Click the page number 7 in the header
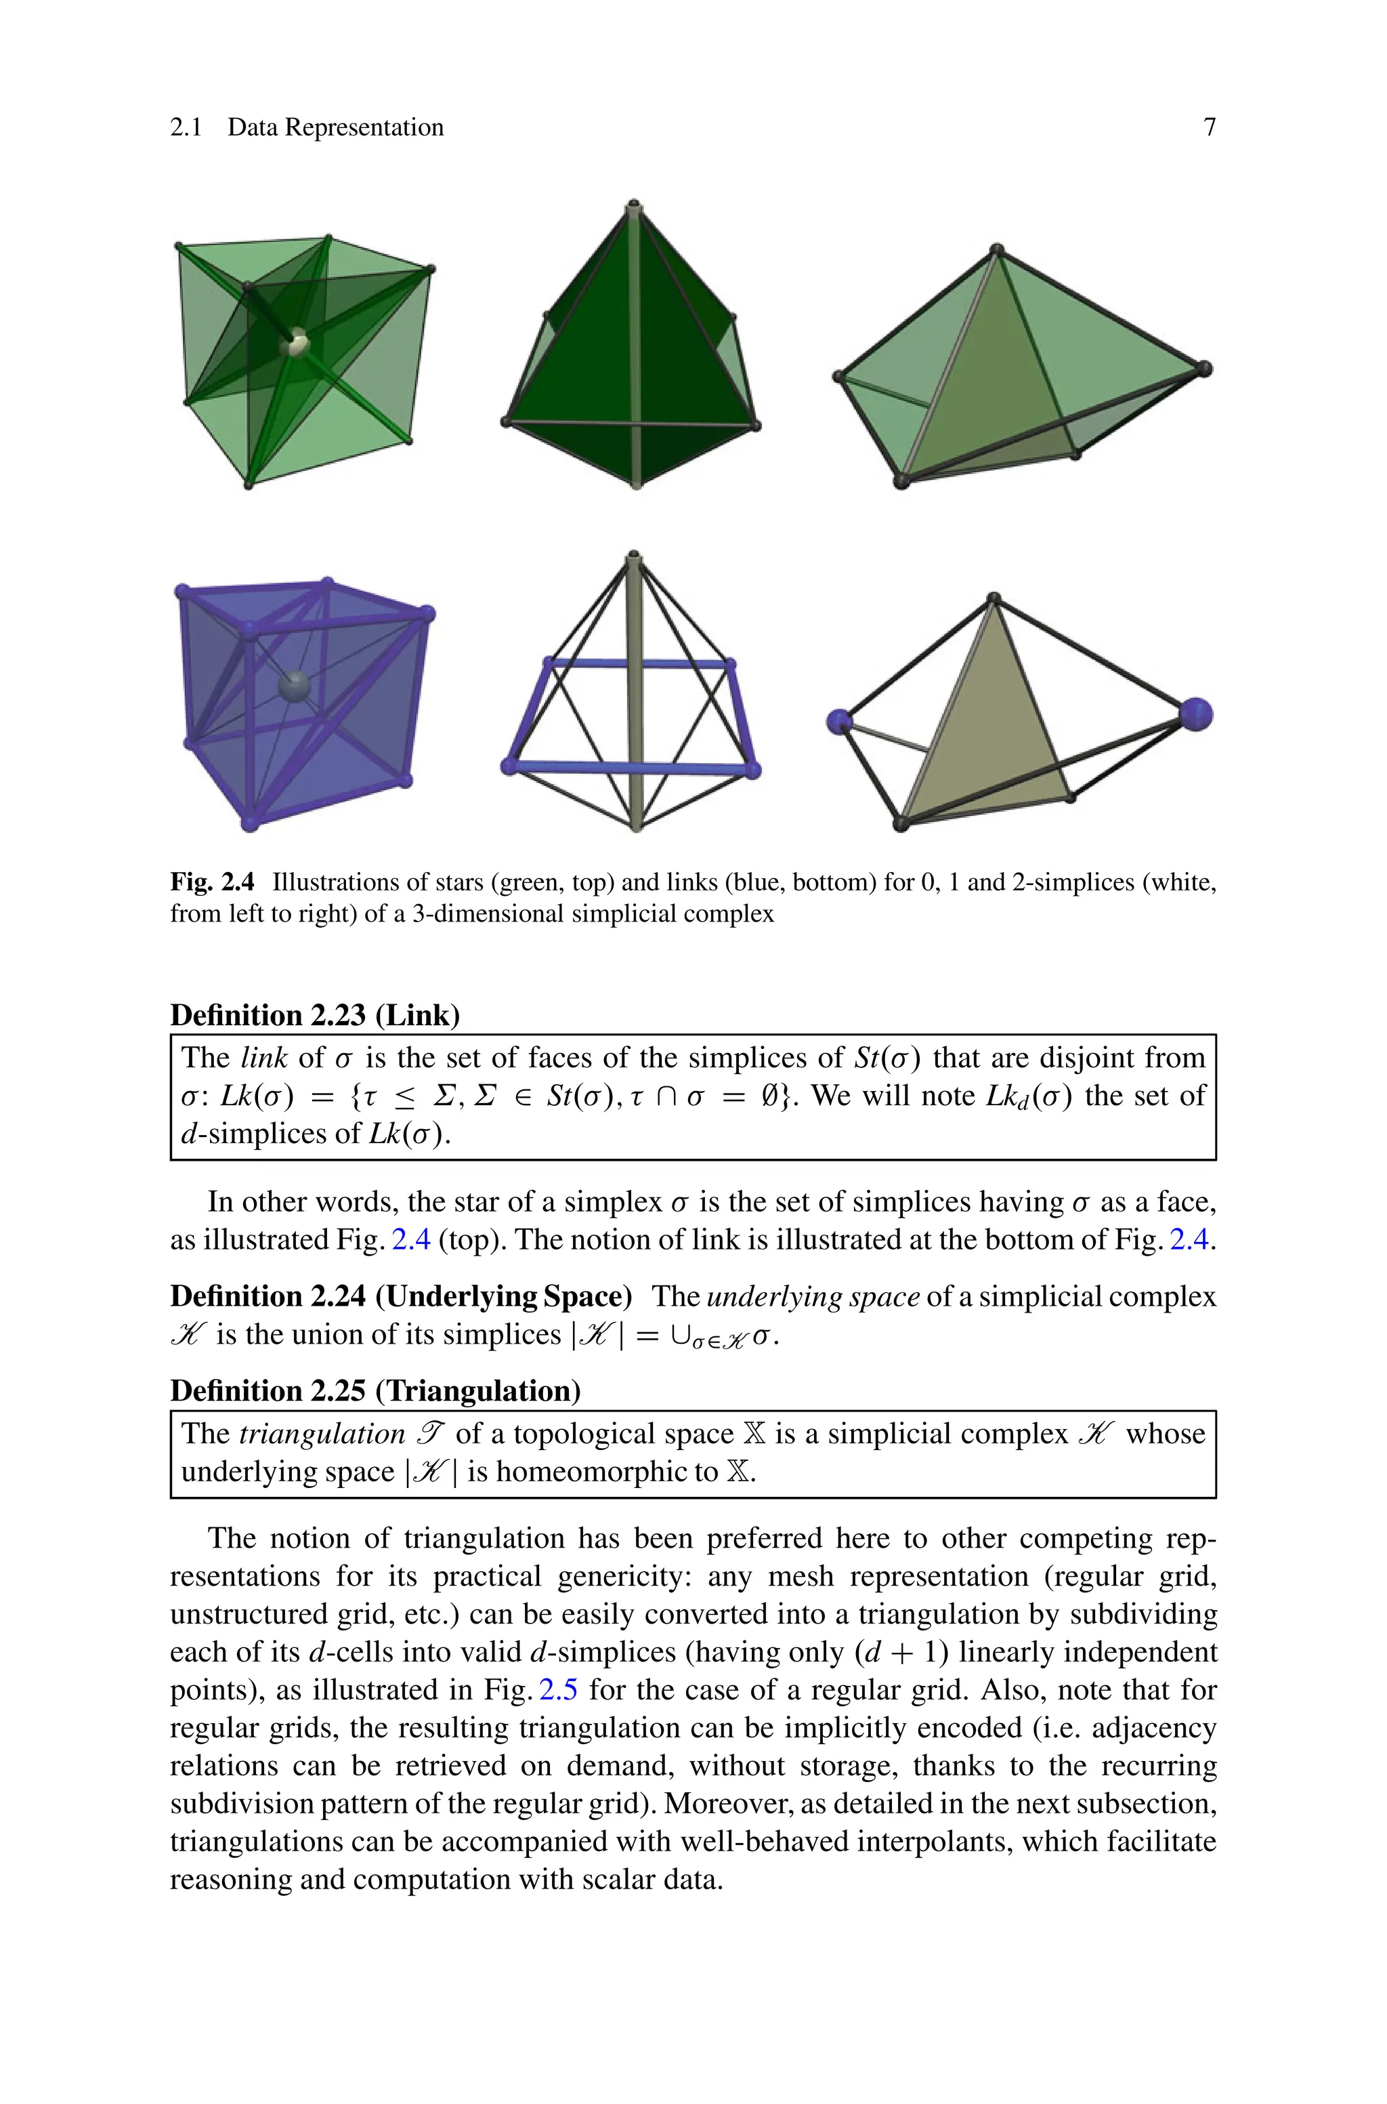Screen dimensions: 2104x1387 (1209, 127)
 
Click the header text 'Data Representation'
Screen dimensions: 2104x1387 (335, 127)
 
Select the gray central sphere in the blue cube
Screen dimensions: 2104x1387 (294, 686)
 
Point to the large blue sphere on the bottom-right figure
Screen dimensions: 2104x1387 (1196, 714)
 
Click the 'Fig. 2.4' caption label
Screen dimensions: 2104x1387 (212, 882)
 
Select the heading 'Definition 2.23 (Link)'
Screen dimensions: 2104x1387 (315, 1015)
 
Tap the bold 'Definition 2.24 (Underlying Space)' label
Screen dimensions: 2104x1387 (401, 1296)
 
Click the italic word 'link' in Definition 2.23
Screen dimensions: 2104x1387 (263, 1058)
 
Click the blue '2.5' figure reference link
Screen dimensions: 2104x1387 (558, 1690)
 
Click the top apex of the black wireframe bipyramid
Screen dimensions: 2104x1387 (633, 559)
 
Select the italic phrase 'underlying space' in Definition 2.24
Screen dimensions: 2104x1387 (813, 1296)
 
